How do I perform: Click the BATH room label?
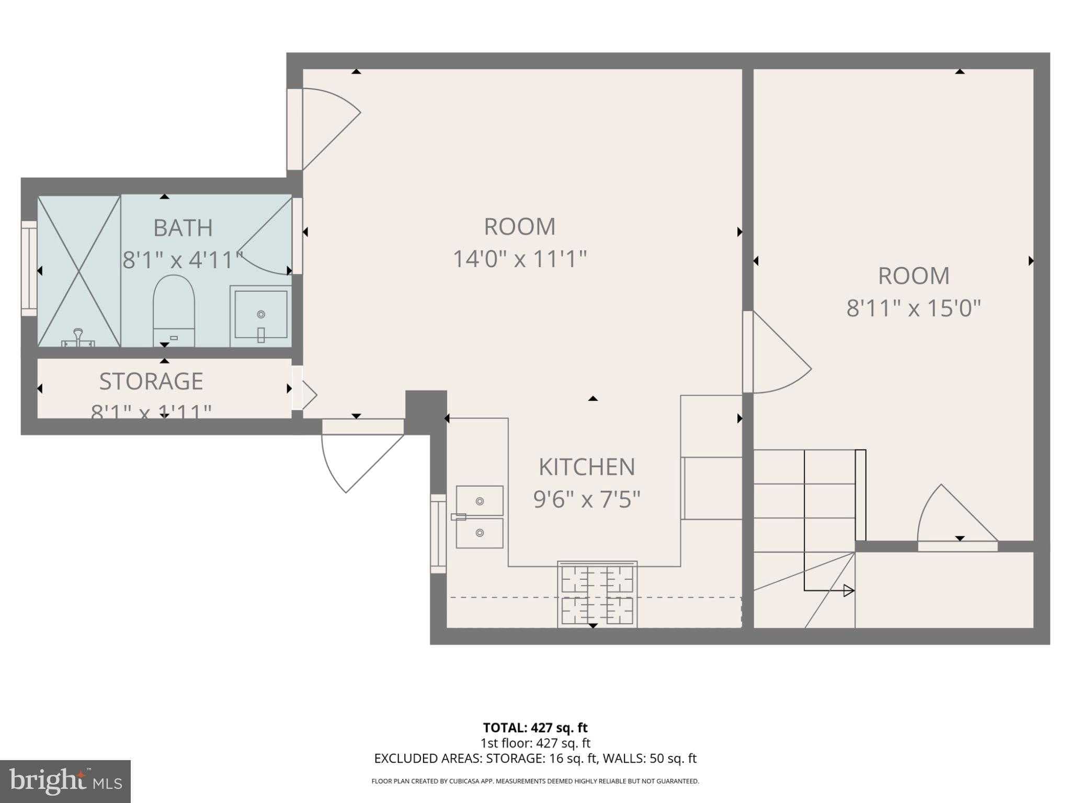coord(183,228)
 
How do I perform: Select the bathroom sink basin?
coord(261,315)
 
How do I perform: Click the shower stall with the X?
coord(79,271)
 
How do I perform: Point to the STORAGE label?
coord(151,382)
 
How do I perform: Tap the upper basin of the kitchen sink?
coord(480,501)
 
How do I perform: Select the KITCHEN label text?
coord(587,467)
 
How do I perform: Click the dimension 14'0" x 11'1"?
coord(519,259)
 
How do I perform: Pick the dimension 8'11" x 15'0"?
coord(913,308)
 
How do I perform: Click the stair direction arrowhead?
coord(849,591)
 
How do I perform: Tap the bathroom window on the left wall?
coord(29,269)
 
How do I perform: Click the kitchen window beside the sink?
coord(438,533)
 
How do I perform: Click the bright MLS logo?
coord(65,781)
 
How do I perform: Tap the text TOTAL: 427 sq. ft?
coord(535,728)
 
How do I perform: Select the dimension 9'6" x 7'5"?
coord(587,499)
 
